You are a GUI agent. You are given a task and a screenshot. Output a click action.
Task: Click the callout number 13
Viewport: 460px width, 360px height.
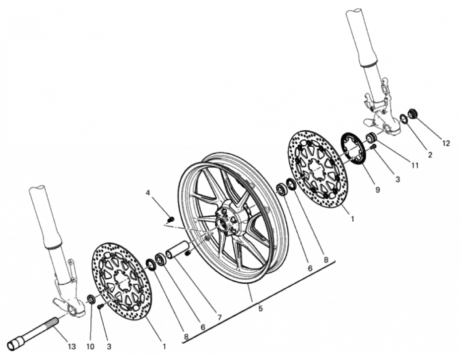click(72, 346)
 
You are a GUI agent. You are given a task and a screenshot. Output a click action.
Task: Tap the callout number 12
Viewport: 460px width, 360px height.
click(446, 143)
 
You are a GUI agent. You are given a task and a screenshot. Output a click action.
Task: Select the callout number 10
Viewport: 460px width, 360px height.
click(90, 346)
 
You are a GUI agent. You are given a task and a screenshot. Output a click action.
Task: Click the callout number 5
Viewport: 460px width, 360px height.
click(260, 308)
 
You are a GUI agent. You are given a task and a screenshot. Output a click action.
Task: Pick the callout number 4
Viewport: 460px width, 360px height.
click(148, 193)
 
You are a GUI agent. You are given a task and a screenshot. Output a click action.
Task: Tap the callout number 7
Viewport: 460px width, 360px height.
click(219, 317)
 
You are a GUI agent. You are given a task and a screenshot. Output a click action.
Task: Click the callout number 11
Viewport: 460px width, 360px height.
click(414, 166)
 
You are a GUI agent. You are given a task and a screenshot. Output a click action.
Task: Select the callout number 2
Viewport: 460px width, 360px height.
click(429, 155)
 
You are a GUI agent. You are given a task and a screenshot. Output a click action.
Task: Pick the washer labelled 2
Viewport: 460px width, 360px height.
click(404, 118)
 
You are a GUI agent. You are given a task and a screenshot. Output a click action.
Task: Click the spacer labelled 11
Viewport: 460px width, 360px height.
click(371, 136)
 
